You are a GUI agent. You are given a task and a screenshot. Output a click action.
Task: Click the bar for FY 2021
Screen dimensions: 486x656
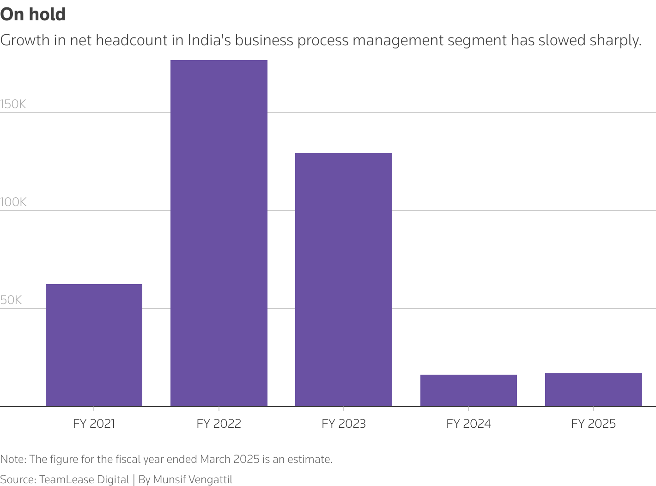94,345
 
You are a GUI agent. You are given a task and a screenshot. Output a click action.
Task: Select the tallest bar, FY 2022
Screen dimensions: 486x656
219,233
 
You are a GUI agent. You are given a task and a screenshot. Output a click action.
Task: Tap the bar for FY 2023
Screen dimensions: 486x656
343,279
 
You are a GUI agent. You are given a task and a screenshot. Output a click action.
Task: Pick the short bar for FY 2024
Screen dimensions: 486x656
468,390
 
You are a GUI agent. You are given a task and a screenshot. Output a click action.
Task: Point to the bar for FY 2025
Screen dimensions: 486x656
593,389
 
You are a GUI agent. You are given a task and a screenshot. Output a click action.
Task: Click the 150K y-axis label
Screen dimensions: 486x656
13,104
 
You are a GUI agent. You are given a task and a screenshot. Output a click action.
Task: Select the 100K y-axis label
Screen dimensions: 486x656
13,202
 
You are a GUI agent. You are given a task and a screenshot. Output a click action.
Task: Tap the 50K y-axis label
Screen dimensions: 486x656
12,300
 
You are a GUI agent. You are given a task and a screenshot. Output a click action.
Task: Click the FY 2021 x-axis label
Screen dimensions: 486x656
94,424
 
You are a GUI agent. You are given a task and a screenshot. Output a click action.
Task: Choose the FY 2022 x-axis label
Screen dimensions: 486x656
219,424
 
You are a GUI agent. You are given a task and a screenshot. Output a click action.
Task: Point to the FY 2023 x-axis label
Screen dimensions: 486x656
343,424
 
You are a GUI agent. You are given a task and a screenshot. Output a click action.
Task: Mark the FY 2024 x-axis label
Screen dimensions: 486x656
468,424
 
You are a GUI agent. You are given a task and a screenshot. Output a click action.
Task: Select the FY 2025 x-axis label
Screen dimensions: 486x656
593,424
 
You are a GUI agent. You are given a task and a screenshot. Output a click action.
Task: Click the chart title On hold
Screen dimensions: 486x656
33,14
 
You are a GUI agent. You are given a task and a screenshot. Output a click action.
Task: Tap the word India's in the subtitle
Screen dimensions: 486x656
209,41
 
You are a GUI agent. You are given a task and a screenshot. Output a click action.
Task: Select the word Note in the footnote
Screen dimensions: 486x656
13,459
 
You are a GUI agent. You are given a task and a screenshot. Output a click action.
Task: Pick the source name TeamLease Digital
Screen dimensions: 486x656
84,480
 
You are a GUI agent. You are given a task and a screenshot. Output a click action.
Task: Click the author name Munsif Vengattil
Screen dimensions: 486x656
193,480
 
